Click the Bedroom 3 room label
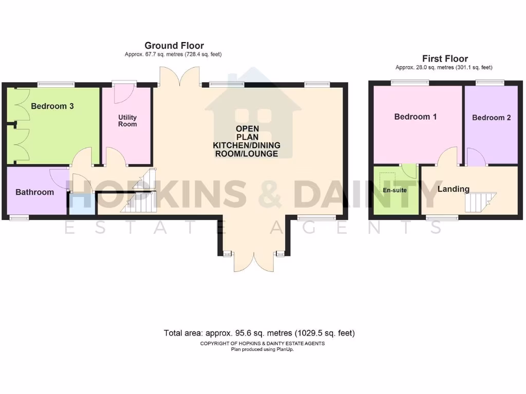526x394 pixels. click(52, 106)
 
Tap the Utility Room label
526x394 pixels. click(127, 121)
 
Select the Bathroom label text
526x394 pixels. click(34, 192)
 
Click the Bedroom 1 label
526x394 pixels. click(415, 116)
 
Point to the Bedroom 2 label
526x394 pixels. click(491, 117)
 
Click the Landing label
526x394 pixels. click(453, 189)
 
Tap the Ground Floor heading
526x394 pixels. click(174, 46)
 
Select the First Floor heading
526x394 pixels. click(445, 58)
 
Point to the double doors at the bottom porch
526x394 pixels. click(252, 262)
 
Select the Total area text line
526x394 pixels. click(259, 333)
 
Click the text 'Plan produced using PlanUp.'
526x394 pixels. click(262, 349)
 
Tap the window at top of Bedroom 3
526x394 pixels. click(55, 84)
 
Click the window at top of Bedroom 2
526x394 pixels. click(489, 82)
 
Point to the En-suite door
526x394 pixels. click(409, 170)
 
